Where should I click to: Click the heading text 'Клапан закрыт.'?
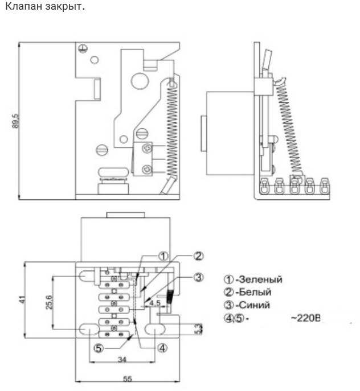(45, 6)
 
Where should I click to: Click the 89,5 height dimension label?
(15, 121)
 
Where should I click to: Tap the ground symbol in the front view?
(83, 48)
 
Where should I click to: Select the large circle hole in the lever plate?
(140, 81)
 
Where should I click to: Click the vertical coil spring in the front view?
(172, 127)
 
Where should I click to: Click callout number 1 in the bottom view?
(163, 256)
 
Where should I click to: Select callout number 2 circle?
(198, 256)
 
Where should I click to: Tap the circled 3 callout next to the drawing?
(198, 277)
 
